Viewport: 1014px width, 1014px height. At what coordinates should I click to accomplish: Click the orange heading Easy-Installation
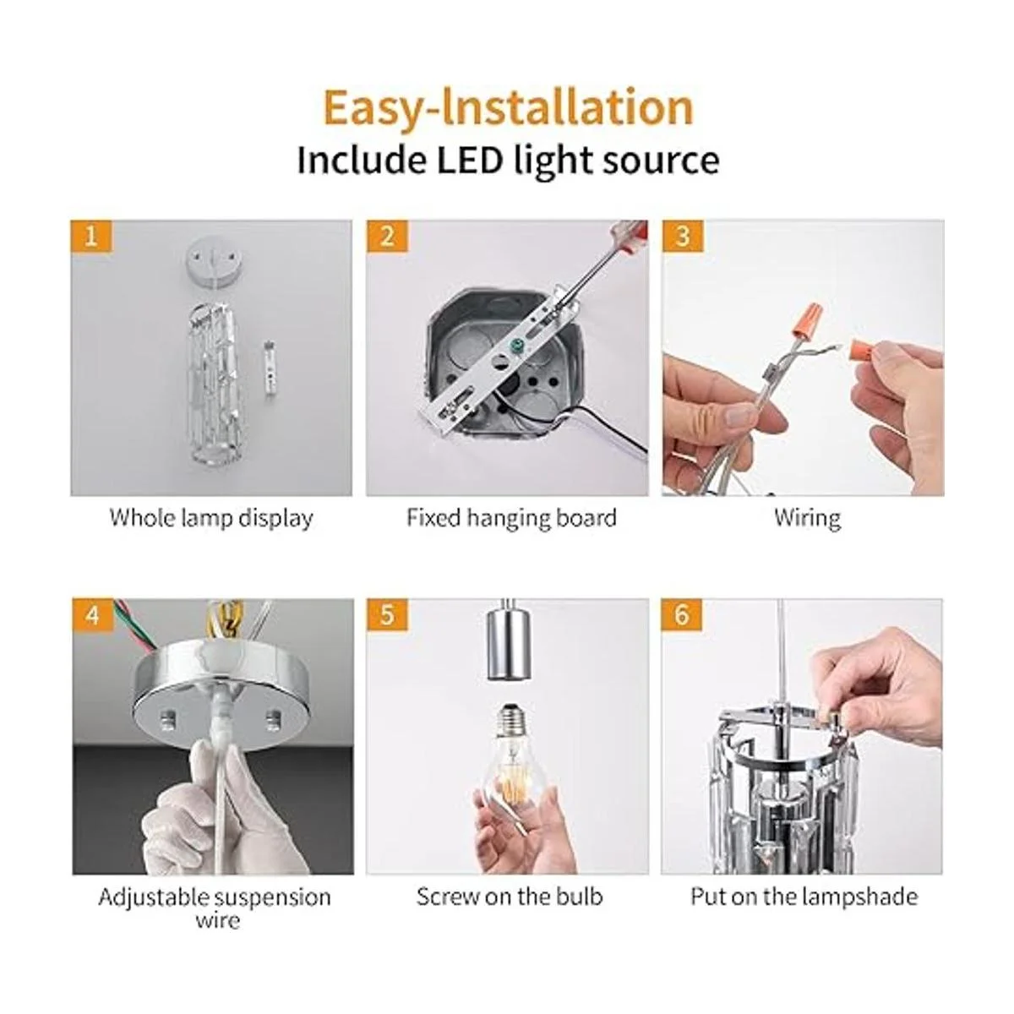point(509,109)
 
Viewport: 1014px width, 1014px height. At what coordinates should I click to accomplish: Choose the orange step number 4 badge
point(93,614)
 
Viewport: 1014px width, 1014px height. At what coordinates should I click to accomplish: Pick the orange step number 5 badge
point(387,614)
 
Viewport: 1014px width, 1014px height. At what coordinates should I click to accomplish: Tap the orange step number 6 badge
point(682,614)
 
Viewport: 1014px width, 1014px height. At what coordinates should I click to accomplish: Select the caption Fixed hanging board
point(511,518)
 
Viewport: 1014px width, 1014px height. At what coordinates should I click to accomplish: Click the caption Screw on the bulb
point(509,897)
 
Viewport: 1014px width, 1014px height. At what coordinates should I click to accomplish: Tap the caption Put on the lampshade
point(804,897)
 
